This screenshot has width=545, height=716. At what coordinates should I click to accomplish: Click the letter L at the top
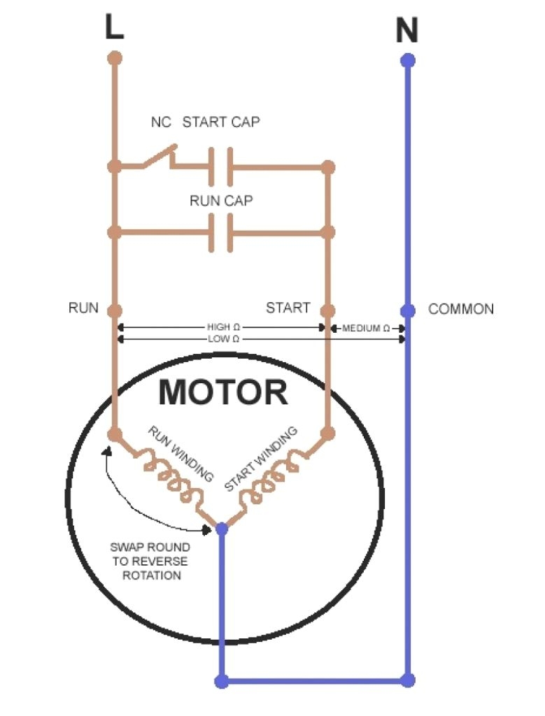pyautogui.click(x=115, y=27)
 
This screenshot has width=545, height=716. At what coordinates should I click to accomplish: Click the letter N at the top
pyautogui.click(x=407, y=31)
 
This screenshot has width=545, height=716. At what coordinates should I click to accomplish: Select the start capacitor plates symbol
pyautogui.click(x=220, y=166)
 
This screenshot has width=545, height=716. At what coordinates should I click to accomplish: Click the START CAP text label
pyautogui.click(x=221, y=122)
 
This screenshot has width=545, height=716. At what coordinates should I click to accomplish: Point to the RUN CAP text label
pyautogui.click(x=221, y=201)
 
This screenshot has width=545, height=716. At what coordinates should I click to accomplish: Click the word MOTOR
pyautogui.click(x=222, y=392)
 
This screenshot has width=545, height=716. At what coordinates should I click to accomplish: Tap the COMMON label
pyautogui.click(x=461, y=309)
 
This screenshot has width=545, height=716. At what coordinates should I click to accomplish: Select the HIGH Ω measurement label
pyautogui.click(x=223, y=327)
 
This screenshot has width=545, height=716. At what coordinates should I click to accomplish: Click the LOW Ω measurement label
pyautogui.click(x=224, y=339)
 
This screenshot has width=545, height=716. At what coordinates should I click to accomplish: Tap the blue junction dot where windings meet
pyautogui.click(x=222, y=529)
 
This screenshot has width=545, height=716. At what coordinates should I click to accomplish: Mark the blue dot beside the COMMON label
pyautogui.click(x=408, y=310)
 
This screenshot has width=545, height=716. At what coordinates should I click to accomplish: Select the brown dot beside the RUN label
pyautogui.click(x=115, y=310)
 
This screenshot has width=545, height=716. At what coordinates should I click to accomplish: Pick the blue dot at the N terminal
pyautogui.click(x=408, y=60)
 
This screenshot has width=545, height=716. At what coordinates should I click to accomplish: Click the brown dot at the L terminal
pyautogui.click(x=115, y=57)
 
